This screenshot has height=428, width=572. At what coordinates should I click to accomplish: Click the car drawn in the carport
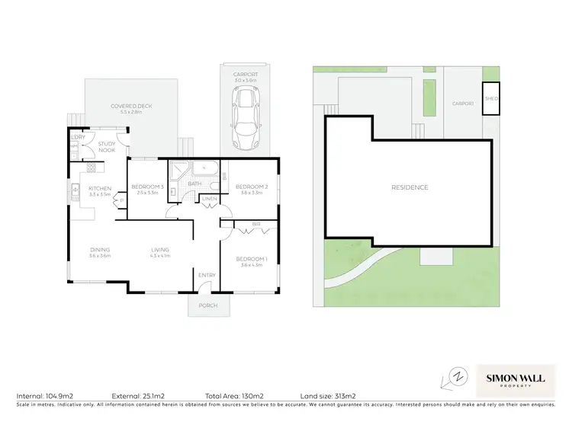246,118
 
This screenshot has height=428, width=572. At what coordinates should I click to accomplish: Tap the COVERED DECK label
130,107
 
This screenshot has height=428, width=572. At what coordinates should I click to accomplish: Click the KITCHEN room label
100,188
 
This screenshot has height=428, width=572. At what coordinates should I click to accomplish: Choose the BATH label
194,184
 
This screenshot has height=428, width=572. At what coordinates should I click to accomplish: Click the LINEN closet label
208,199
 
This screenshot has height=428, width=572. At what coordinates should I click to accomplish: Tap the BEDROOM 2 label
251,187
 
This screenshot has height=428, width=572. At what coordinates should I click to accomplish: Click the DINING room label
100,250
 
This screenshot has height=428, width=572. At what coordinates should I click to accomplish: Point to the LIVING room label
159,250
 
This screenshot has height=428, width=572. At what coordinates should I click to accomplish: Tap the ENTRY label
207,275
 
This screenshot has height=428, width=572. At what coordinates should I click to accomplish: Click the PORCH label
207,305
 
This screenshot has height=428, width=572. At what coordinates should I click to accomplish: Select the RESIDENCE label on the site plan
410,187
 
